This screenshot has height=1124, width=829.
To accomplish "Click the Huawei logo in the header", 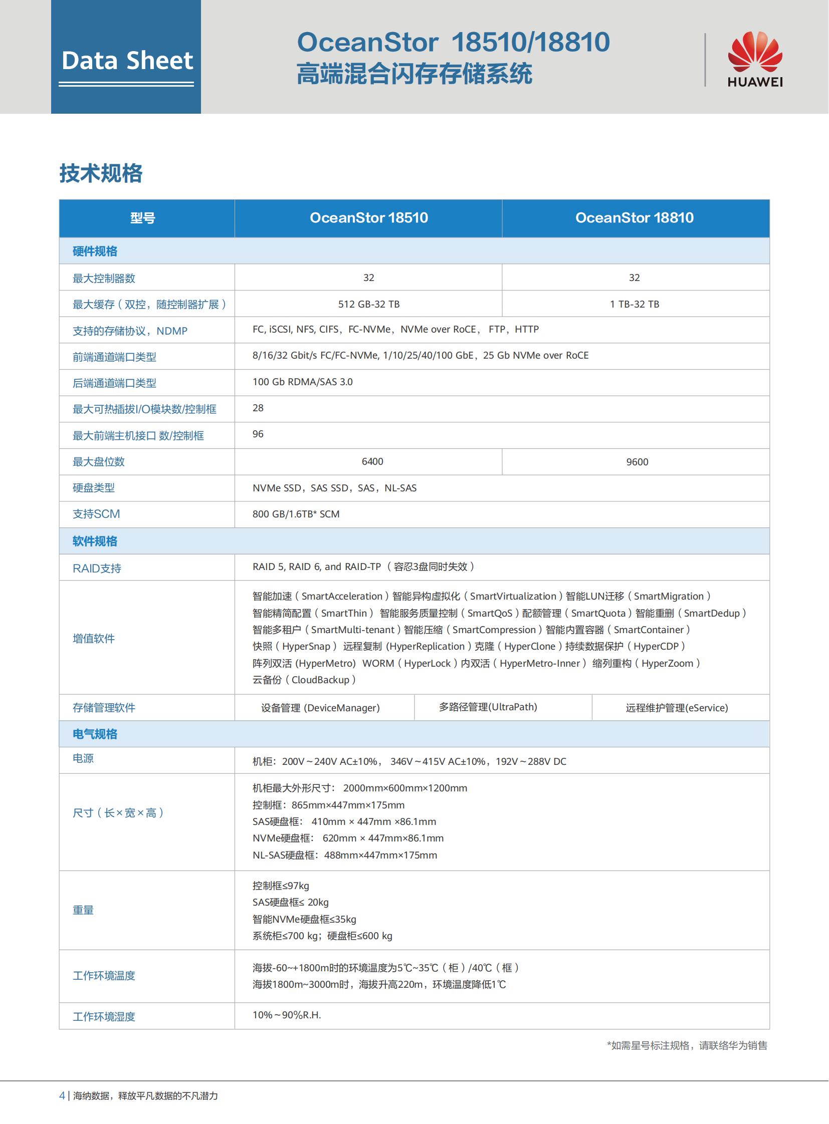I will pos(755,59).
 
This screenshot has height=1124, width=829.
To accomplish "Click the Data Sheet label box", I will pos(126,61).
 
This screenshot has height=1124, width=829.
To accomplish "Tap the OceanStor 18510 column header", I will pos(369,218).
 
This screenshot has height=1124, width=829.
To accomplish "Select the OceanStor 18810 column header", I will pos(635,218).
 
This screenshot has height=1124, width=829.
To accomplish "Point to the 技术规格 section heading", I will pos(101,173).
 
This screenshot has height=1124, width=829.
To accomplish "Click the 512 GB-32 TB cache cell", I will pos(369,304).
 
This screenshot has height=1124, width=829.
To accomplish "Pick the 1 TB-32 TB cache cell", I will pos(635,304).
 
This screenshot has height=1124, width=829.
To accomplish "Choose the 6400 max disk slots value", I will pos(372,461).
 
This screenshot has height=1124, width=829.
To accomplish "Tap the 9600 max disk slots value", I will pos(637,462).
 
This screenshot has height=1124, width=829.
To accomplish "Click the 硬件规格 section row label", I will pos(95,251).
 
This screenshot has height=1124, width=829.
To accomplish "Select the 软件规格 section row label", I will pos(95,541).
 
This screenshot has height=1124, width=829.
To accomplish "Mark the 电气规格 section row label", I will pos(95,734).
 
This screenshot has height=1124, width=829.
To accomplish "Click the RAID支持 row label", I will pos(97,569).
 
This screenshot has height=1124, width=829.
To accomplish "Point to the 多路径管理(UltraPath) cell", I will pos(488,707).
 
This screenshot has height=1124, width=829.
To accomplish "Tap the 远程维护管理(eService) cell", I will pos(677,708).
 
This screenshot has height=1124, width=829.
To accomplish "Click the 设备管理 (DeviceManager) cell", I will pos(320,708).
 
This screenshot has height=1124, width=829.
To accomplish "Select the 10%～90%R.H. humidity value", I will pos(287,1015).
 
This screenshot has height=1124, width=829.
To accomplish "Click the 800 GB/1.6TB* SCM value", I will pos(296,514).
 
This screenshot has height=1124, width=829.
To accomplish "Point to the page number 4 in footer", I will pos(62,1095).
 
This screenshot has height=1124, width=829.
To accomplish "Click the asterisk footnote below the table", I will pos(687,1045).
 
